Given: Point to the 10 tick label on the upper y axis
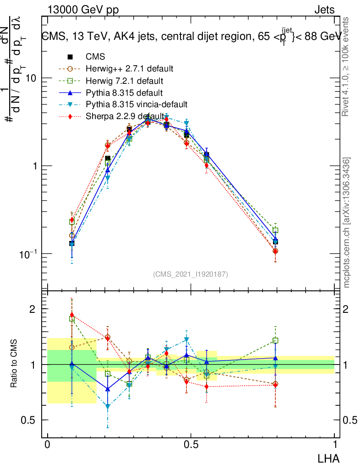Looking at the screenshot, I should pos(31,78).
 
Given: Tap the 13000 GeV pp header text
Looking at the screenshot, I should pos(83,10).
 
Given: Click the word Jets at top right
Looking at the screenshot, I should pos(324,10).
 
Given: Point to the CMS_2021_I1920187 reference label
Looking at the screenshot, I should pos(191,274).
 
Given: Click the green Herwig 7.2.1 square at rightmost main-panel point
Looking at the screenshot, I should pos(275,230).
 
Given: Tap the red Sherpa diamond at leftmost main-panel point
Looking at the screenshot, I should pos(72,220).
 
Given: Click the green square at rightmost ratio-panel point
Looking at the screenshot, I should pos(275,341).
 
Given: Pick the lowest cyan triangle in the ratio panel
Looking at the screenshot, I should pos(108,406).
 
